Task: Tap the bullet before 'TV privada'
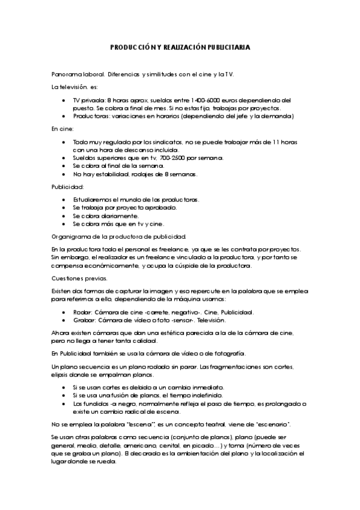(64, 100)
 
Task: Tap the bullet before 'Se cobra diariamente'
(64, 215)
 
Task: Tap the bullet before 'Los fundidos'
(64, 404)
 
